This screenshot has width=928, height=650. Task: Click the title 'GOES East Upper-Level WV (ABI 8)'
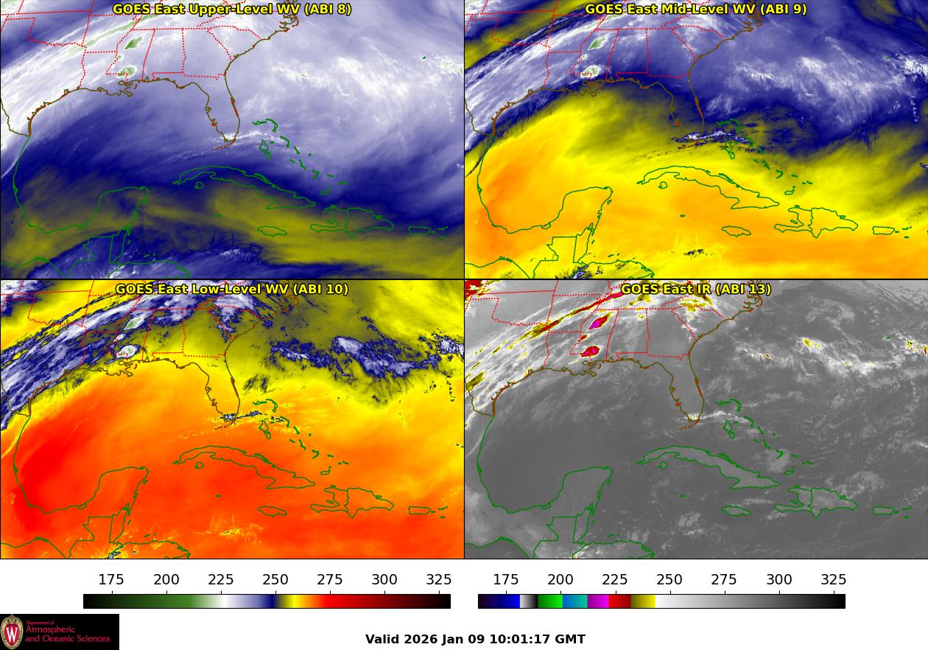tap(232, 10)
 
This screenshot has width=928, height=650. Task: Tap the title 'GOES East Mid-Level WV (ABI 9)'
tap(695, 10)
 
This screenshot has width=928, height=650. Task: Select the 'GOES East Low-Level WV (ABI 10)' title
tap(232, 290)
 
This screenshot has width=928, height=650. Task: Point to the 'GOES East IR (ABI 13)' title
tap(695, 290)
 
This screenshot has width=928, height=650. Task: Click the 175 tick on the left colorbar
tap(111, 580)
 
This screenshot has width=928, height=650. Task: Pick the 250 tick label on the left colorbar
tap(275, 580)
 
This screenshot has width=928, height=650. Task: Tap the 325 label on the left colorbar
tap(439, 580)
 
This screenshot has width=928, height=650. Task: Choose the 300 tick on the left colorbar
tap(384, 580)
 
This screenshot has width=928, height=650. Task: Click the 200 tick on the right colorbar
tap(560, 580)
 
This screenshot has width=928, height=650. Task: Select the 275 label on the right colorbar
tap(725, 580)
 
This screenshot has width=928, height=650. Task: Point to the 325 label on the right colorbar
tap(834, 580)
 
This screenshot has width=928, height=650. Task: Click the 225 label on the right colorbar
tap(615, 580)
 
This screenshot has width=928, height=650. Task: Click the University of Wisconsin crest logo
tap(13, 632)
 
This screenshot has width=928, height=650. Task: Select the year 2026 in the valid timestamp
tap(421, 640)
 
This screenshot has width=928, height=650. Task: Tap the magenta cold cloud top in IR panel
tap(600, 321)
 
